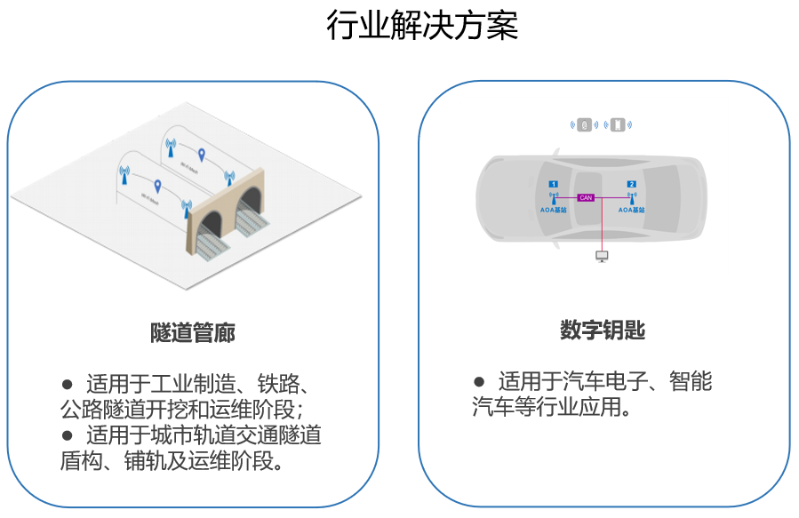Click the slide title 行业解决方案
click(x=422, y=27)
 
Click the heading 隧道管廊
click(x=193, y=333)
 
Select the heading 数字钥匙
click(x=602, y=331)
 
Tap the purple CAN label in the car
click(x=586, y=197)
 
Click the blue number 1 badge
click(x=554, y=184)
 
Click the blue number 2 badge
click(x=631, y=184)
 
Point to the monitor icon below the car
click(x=602, y=257)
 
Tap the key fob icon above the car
click(x=584, y=124)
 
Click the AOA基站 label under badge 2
click(x=631, y=211)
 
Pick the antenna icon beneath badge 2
click(x=631, y=198)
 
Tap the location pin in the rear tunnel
click(x=202, y=155)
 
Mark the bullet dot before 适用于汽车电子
click(x=479, y=382)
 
